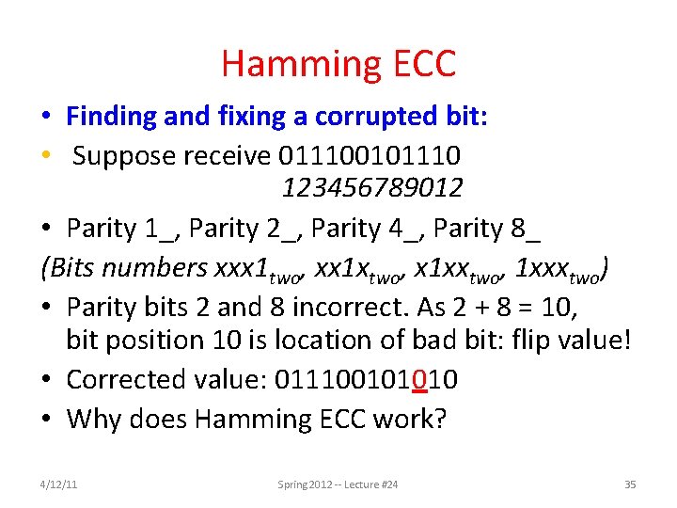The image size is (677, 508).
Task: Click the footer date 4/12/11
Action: point(59,484)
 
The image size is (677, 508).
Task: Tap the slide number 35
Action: point(630,484)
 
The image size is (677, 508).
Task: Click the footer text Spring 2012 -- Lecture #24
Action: point(338,484)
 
